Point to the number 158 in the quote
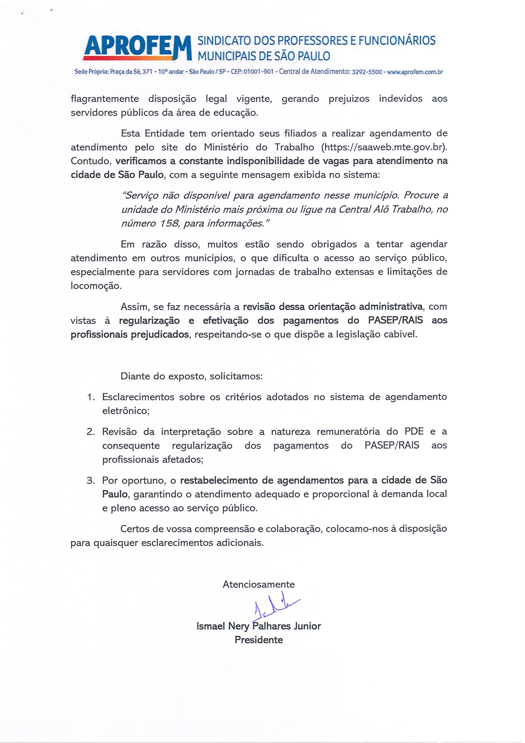coord(169,223)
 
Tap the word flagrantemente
coord(105,99)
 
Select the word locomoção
coord(96,286)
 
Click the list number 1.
coord(90,397)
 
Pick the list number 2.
coord(90,432)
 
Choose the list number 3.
coord(90,481)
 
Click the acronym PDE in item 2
coord(414,431)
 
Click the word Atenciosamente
coord(259,585)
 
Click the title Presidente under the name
coord(259,640)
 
